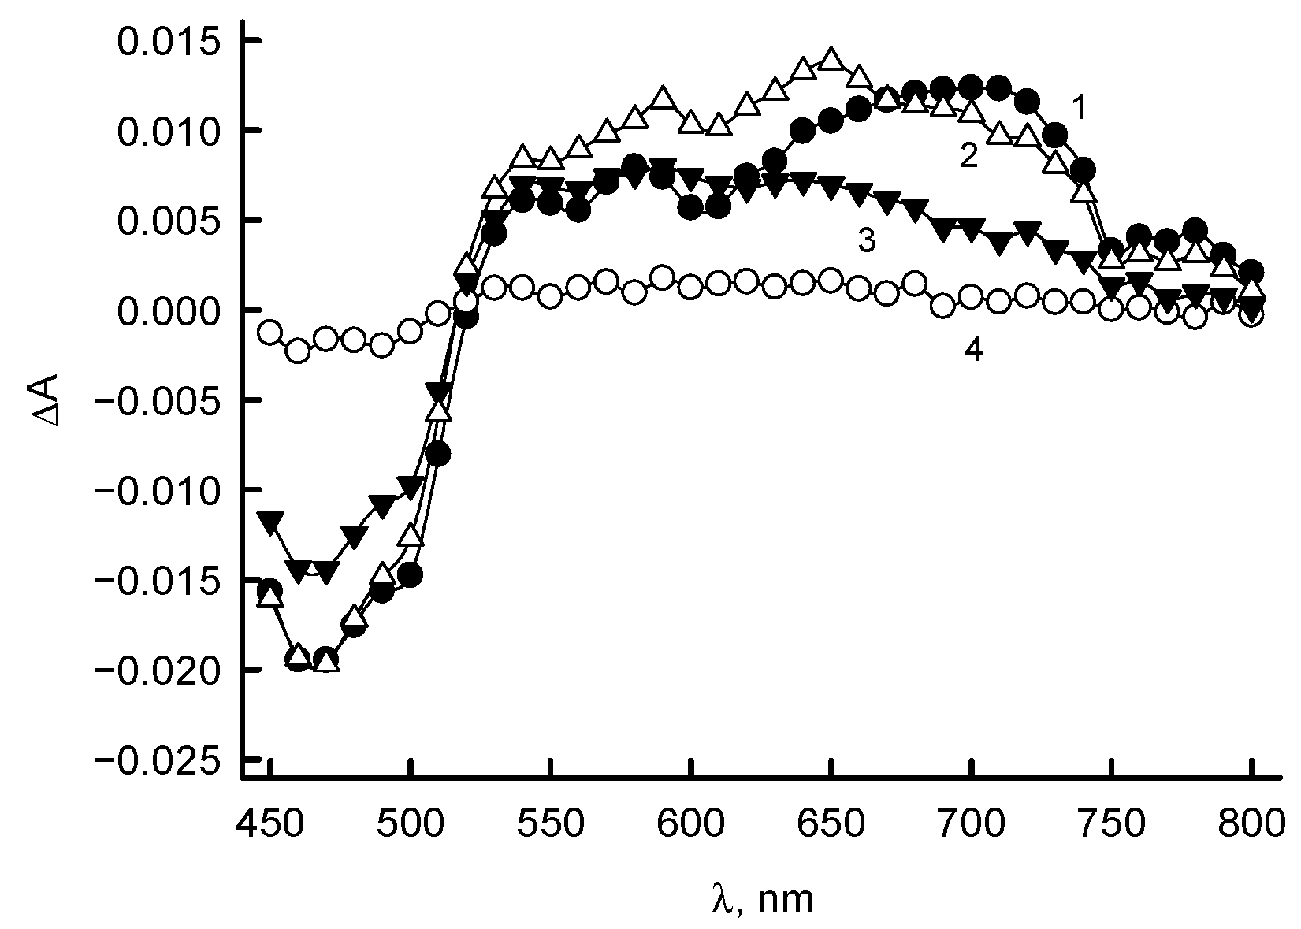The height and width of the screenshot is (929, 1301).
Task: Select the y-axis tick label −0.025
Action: [157, 760]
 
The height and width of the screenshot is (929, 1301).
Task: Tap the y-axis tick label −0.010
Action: [157, 490]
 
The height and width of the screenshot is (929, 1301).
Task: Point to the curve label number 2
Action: [968, 156]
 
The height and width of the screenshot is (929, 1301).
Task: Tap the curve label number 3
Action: [866, 240]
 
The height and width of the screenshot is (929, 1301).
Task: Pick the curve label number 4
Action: [974, 350]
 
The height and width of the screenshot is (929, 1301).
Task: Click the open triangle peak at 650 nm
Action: [831, 58]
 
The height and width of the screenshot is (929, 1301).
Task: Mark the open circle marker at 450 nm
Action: [270, 333]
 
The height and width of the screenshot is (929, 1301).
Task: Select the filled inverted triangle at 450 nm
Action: [270, 522]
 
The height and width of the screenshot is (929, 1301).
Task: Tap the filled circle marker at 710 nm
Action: [998, 87]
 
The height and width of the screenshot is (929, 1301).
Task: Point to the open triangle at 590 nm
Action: [663, 98]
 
